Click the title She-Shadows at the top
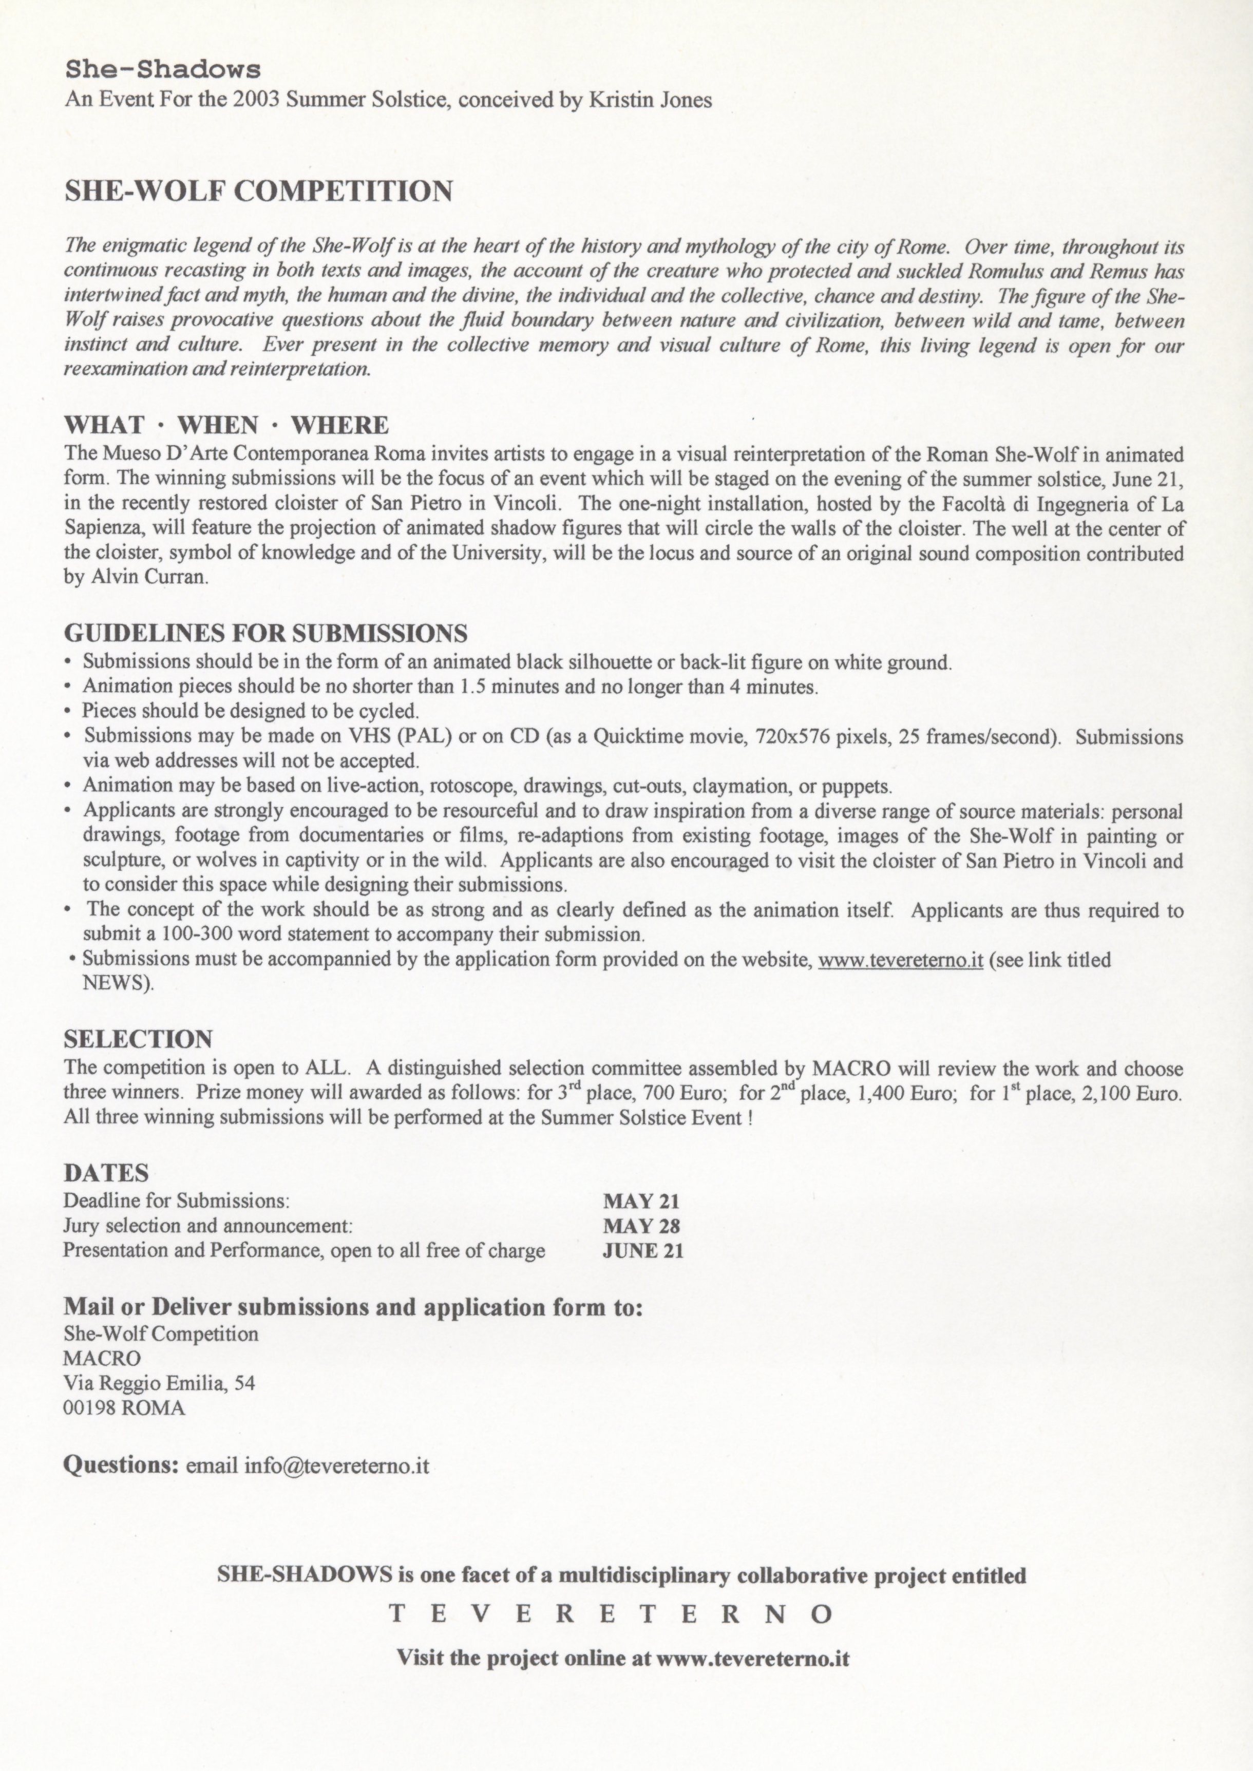click(x=163, y=69)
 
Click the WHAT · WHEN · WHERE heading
click(x=226, y=425)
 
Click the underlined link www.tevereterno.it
click(x=900, y=960)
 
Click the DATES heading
click(x=106, y=1173)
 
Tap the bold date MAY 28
click(x=641, y=1226)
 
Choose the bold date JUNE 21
click(x=643, y=1250)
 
